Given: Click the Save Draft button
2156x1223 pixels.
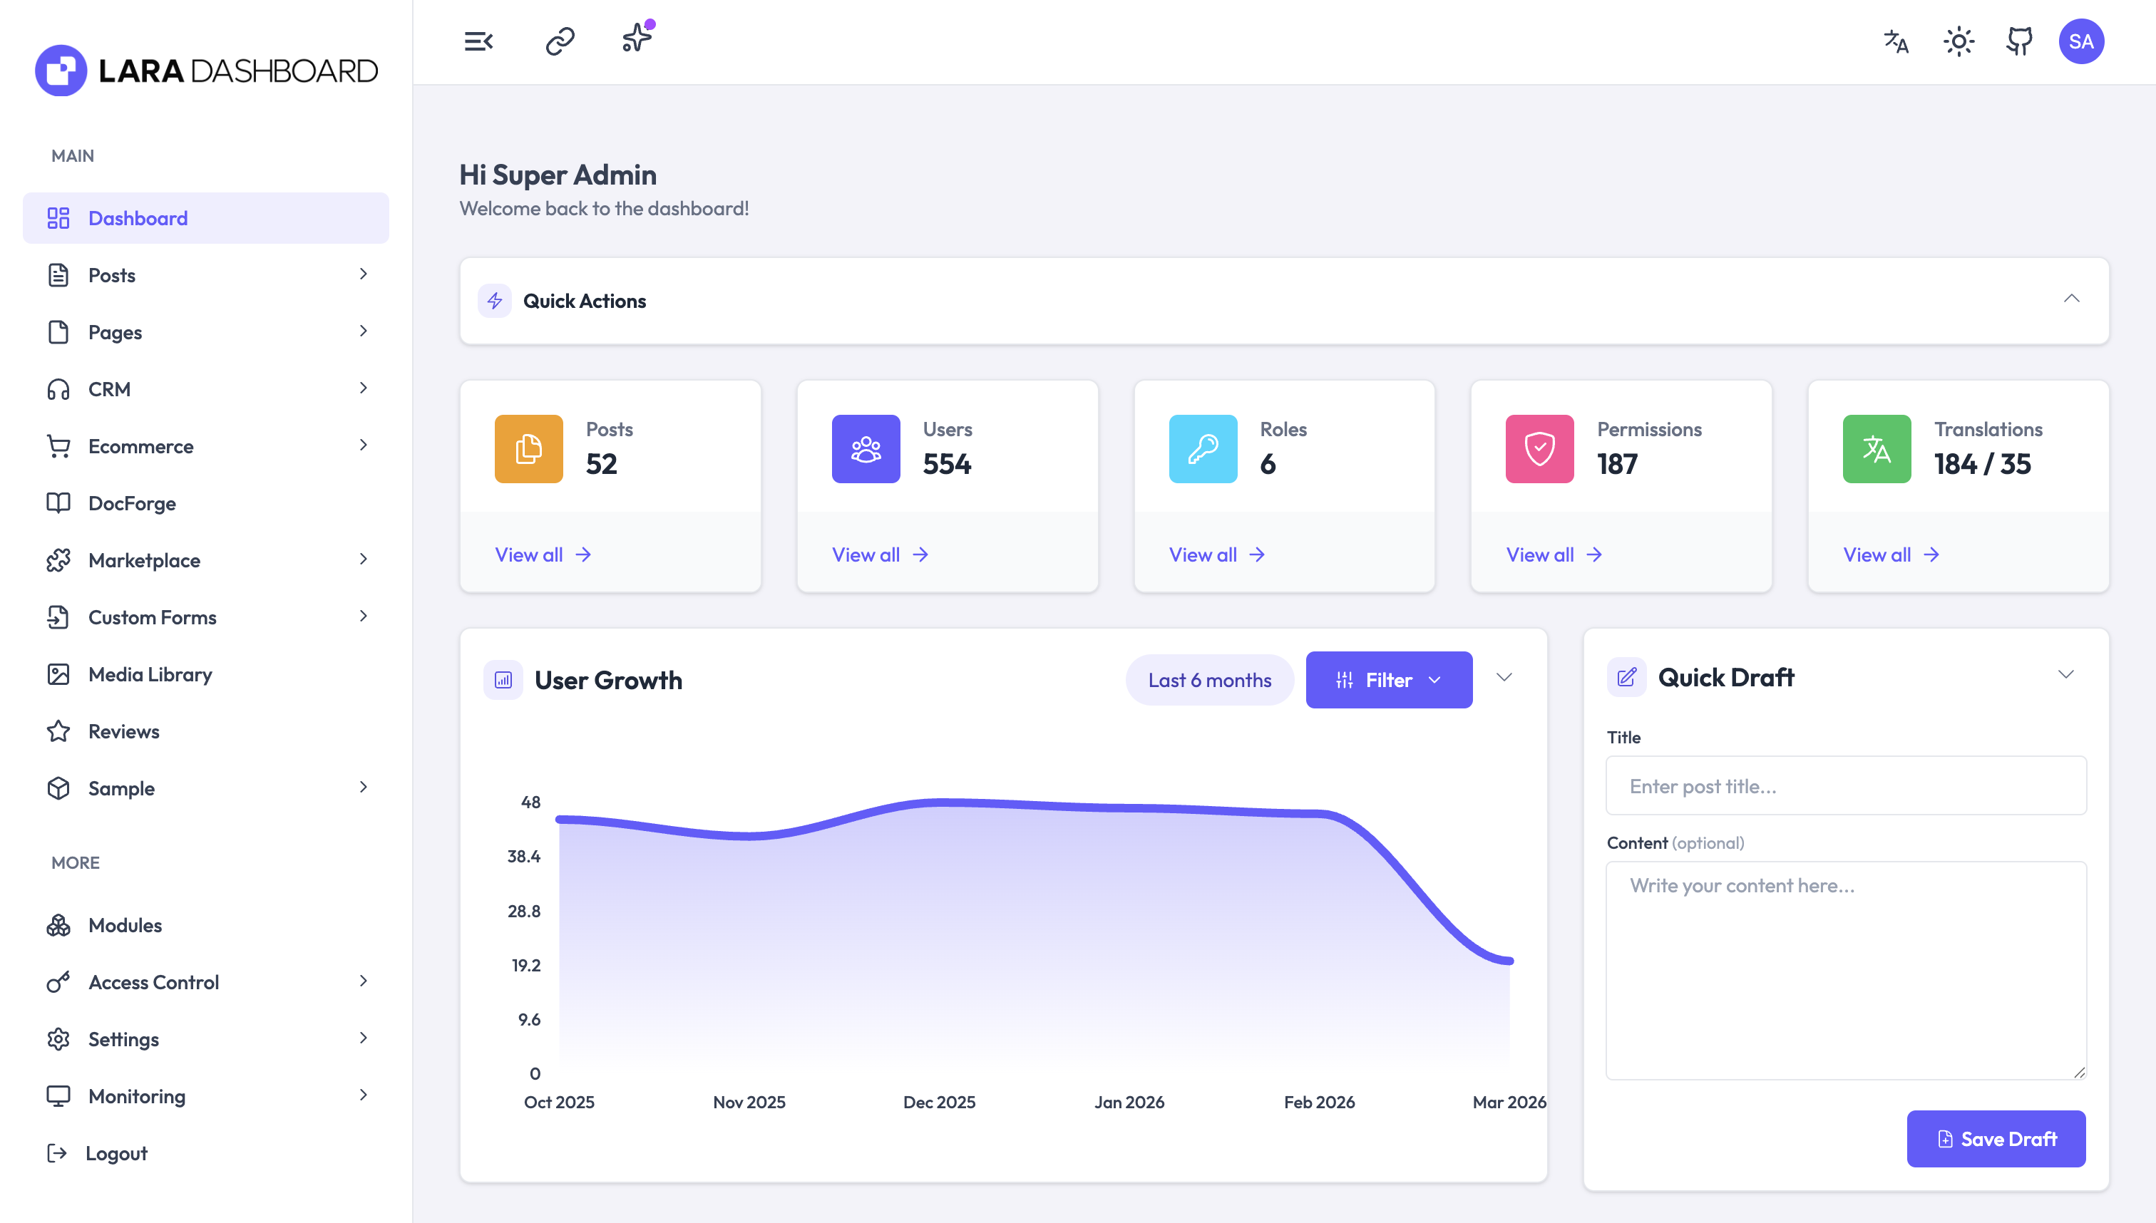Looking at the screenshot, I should (1995, 1138).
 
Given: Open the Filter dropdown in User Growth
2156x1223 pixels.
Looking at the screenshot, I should (1388, 679).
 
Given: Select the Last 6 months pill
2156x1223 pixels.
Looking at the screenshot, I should (1208, 679).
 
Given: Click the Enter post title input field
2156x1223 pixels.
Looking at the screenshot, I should (1845, 785).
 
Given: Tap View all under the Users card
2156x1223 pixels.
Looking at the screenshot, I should (879, 554).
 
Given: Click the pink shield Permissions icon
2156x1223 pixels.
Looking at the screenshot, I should (1539, 448).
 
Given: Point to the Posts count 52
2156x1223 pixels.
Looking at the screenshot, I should (601, 464).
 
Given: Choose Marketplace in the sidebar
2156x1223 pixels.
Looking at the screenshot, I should (144, 560).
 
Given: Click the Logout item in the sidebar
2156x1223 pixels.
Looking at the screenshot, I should (116, 1152).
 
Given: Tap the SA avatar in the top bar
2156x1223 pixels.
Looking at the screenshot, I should (2080, 41).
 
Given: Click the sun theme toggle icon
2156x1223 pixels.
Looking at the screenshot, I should (1958, 41).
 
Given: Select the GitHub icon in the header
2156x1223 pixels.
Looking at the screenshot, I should (2019, 41).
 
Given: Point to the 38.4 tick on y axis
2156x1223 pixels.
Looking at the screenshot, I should (523, 856).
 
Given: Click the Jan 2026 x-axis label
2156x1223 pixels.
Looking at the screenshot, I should (1129, 1101).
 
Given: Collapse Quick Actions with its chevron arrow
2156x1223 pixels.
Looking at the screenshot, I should (2071, 299).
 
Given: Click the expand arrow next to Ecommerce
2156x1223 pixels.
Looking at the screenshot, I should (363, 445).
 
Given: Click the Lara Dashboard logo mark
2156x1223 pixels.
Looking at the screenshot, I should (61, 71).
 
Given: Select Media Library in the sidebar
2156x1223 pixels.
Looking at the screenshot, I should (150, 674).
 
